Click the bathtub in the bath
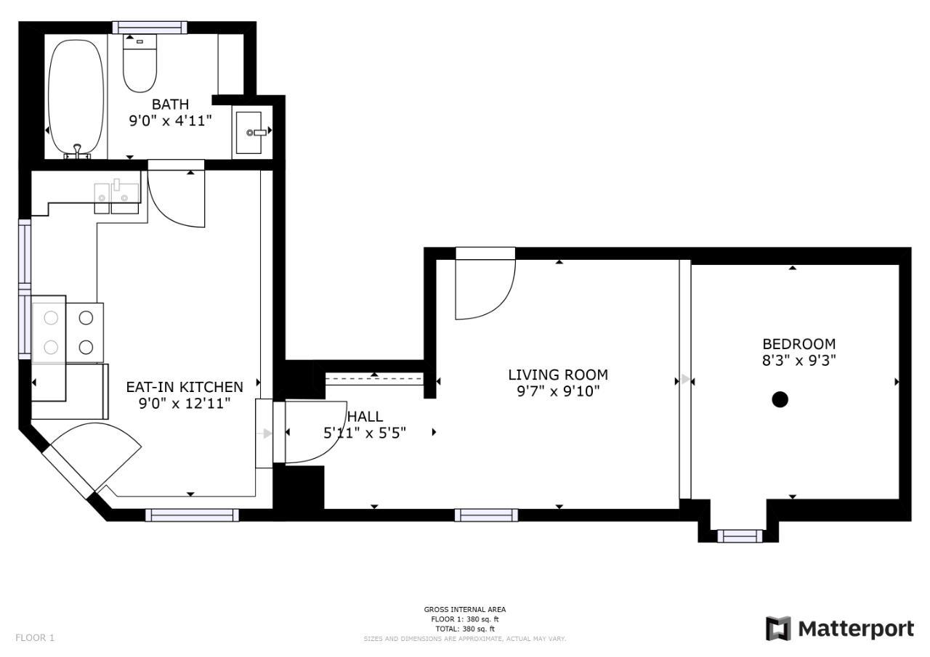pyautogui.click(x=76, y=98)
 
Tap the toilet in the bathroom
pyautogui.click(x=140, y=63)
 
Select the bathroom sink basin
pyautogui.click(x=248, y=132)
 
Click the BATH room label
pyautogui.click(x=170, y=104)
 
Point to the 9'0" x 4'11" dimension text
pyautogui.click(x=170, y=121)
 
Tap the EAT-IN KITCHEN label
pyautogui.click(x=185, y=387)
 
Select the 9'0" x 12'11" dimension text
pyautogui.click(x=185, y=404)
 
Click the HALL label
pyautogui.click(x=365, y=417)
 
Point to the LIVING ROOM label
pyautogui.click(x=558, y=375)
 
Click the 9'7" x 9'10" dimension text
pyautogui.click(x=558, y=391)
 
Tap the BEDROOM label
pyautogui.click(x=798, y=344)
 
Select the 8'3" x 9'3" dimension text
pyautogui.click(x=798, y=360)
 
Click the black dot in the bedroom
pyautogui.click(x=780, y=399)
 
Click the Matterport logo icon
pyautogui.click(x=778, y=629)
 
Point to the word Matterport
pyautogui.click(x=856, y=629)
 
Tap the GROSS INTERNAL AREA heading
pyautogui.click(x=464, y=609)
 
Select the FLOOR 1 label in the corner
pyautogui.click(x=35, y=637)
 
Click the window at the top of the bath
pyautogui.click(x=150, y=28)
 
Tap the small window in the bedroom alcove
pyautogui.click(x=740, y=536)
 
